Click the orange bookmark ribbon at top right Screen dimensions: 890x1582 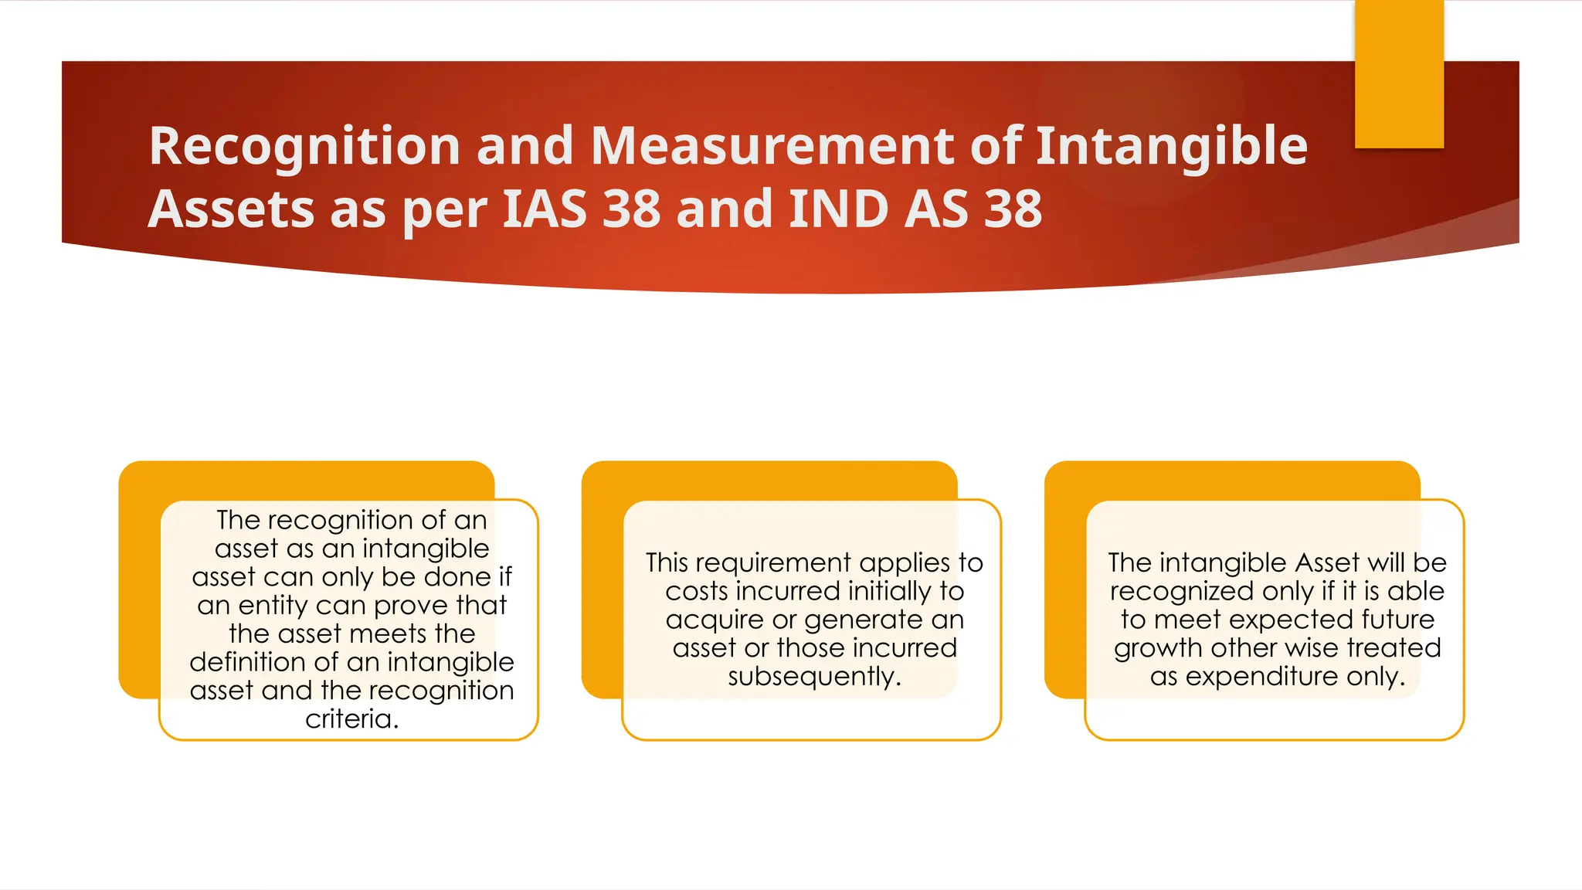pyautogui.click(x=1399, y=73)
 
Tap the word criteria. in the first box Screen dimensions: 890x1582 pyautogui.click(x=352, y=719)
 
